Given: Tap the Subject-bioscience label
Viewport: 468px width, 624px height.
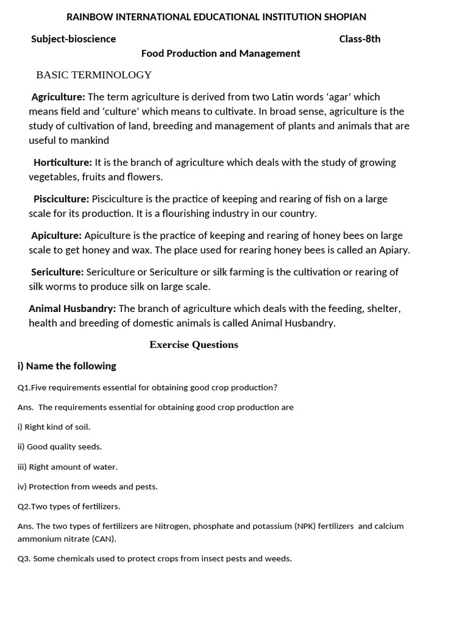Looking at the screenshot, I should click(73, 39).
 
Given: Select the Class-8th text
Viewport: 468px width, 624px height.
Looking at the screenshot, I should click(360, 39).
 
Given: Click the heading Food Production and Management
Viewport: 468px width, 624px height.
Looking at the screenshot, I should click(221, 54).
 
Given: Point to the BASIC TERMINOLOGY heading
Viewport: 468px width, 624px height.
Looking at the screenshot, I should click(94, 75).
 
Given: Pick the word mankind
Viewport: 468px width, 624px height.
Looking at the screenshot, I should click(89, 141).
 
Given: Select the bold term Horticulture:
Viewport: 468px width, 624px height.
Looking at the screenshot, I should click(63, 163).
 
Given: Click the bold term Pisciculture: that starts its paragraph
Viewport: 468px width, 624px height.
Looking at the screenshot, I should click(61, 199).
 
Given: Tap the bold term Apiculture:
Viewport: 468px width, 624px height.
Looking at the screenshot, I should click(56, 236).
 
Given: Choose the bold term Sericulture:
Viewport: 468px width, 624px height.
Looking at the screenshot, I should click(57, 272).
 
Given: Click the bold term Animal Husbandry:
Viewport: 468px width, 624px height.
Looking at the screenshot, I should click(72, 309).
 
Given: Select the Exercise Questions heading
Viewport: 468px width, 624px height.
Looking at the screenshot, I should click(194, 345).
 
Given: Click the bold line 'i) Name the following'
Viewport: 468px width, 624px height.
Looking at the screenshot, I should click(66, 366).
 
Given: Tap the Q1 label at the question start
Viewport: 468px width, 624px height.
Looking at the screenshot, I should click(24, 388).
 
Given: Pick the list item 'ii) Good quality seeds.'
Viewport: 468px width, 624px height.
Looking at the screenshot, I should click(60, 447).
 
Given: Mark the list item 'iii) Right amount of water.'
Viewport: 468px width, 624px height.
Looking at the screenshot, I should click(67, 467).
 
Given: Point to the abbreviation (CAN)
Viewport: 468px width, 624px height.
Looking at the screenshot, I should click(104, 539).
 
